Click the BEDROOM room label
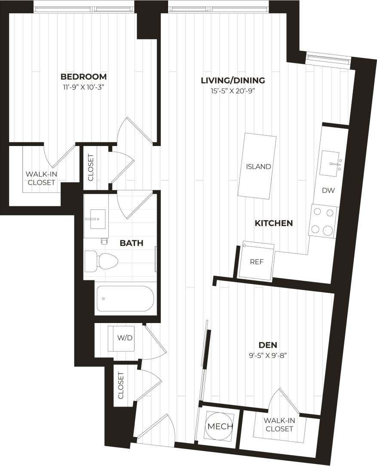(x=83, y=77)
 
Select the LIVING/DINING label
(x=233, y=80)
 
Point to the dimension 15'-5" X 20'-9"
(x=233, y=91)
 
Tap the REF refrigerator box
(x=257, y=261)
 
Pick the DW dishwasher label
(x=328, y=190)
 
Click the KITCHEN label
(x=274, y=223)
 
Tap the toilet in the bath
(x=102, y=261)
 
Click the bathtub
(x=124, y=298)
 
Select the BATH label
(x=131, y=243)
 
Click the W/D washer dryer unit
(x=125, y=338)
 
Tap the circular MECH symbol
(x=220, y=426)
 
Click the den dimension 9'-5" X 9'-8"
(x=267, y=356)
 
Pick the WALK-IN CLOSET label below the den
(x=279, y=425)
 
